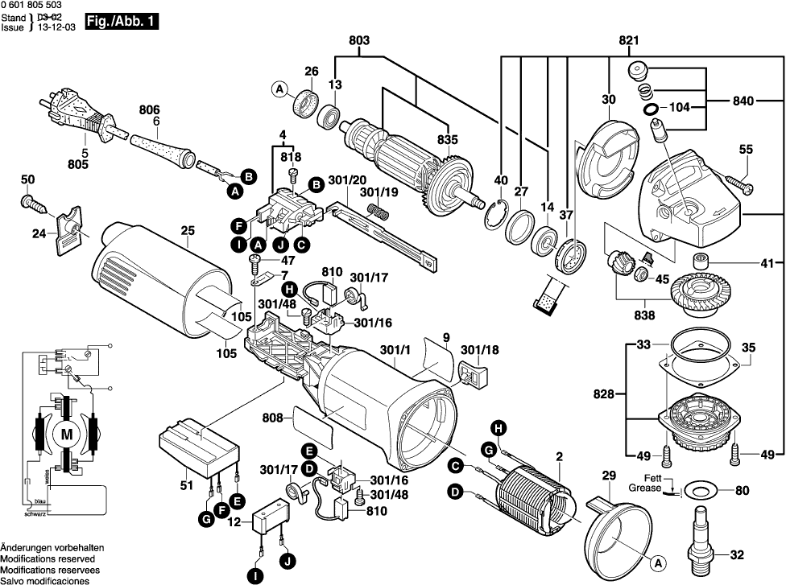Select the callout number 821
click(x=628, y=41)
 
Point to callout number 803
click(x=359, y=41)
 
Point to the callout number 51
click(x=187, y=485)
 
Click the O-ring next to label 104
click(x=649, y=107)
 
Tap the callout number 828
click(x=603, y=394)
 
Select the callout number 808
click(x=274, y=418)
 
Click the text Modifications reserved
click(x=48, y=558)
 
